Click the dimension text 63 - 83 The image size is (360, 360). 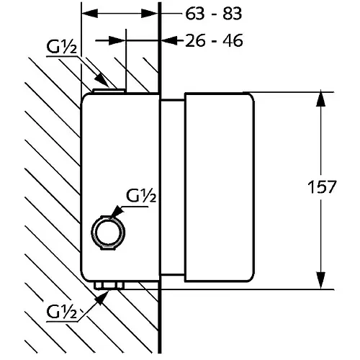pos(214,14)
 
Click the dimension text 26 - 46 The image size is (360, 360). pos(214,40)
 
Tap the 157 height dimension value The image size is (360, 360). pos(322,187)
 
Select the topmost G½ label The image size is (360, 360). pos(62,47)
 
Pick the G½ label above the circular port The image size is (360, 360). pos(141,196)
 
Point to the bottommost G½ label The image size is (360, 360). pos(62,312)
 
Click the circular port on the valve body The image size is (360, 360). pos(108,233)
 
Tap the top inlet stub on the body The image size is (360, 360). pos(109,91)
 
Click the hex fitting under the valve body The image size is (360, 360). pos(109,285)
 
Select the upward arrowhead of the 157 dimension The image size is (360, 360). pos(320,99)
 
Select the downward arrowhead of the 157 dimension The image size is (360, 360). pos(320,280)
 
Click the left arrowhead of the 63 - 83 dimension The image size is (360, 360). pos(90,14)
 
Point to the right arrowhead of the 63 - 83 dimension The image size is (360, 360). pos(150,14)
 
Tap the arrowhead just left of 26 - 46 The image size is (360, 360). pos(169,40)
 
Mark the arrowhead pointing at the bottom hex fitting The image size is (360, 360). pos(101,298)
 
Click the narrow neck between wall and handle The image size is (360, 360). pos(173,187)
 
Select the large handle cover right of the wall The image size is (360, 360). pos(219,187)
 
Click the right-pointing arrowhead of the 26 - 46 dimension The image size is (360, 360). pos(117,40)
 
